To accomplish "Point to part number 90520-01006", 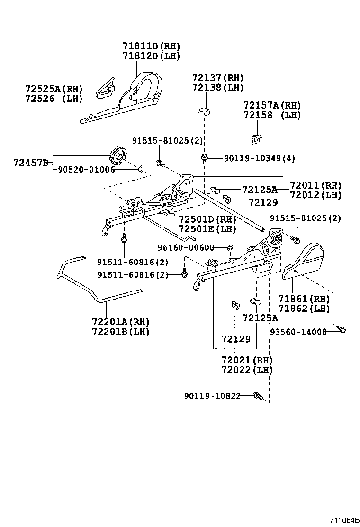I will click(86, 170).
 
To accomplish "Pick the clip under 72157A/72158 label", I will click(256, 139).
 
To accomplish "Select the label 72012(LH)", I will click(315, 195).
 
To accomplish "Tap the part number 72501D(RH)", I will click(207, 219).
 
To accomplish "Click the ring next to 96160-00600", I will click(229, 247).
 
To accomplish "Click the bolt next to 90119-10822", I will click(258, 395).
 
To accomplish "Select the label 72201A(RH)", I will click(121, 322).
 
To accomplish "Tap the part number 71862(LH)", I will click(304, 309).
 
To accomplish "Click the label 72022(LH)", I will click(247, 370).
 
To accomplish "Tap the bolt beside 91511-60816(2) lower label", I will click(185, 273).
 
